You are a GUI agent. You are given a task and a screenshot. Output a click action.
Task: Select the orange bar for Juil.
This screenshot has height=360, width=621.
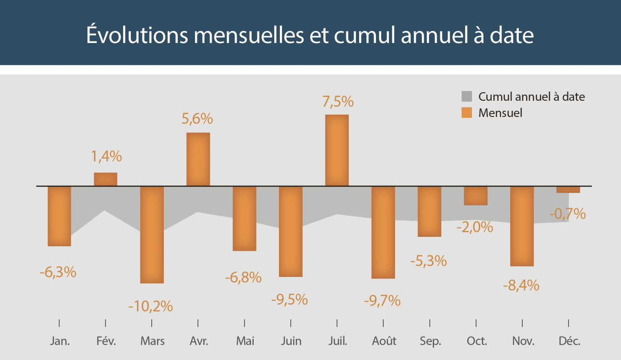tap(337, 150)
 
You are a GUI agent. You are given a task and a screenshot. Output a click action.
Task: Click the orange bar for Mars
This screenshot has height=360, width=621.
tap(152, 234)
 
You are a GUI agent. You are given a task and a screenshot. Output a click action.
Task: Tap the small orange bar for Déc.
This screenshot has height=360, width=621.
tap(568, 190)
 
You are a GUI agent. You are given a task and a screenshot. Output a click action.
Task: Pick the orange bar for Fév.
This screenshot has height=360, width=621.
tap(106, 179)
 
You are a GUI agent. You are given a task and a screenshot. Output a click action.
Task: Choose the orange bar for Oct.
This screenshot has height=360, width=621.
tap(476, 196)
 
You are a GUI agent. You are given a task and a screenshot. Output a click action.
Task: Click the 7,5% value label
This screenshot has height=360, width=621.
tap(338, 102)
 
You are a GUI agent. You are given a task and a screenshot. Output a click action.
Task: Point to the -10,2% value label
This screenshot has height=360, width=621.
tap(150, 306)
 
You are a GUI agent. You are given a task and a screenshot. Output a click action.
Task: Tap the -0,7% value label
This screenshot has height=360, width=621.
tap(567, 214)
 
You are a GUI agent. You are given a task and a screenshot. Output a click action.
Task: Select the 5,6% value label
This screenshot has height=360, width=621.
tap(197, 119)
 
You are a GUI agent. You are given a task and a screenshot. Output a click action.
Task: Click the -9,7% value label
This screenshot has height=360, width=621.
tap(382, 300)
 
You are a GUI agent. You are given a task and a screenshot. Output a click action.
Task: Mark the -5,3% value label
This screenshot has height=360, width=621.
tap(428, 261)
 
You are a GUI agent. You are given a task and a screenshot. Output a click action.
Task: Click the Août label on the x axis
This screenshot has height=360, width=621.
tap(384, 341)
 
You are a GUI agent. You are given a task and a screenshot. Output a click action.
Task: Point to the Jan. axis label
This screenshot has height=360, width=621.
tap(60, 341)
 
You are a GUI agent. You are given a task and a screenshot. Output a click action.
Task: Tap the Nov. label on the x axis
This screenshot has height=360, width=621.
tap(523, 341)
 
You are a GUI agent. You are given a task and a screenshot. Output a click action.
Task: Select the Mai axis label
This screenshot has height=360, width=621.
tap(245, 341)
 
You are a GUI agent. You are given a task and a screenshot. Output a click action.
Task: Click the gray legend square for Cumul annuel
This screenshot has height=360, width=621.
tap(467, 96)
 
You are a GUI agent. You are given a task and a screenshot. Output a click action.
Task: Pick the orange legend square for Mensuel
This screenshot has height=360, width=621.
tap(467, 113)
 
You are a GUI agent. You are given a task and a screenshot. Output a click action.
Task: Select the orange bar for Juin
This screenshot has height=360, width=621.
tap(290, 231)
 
